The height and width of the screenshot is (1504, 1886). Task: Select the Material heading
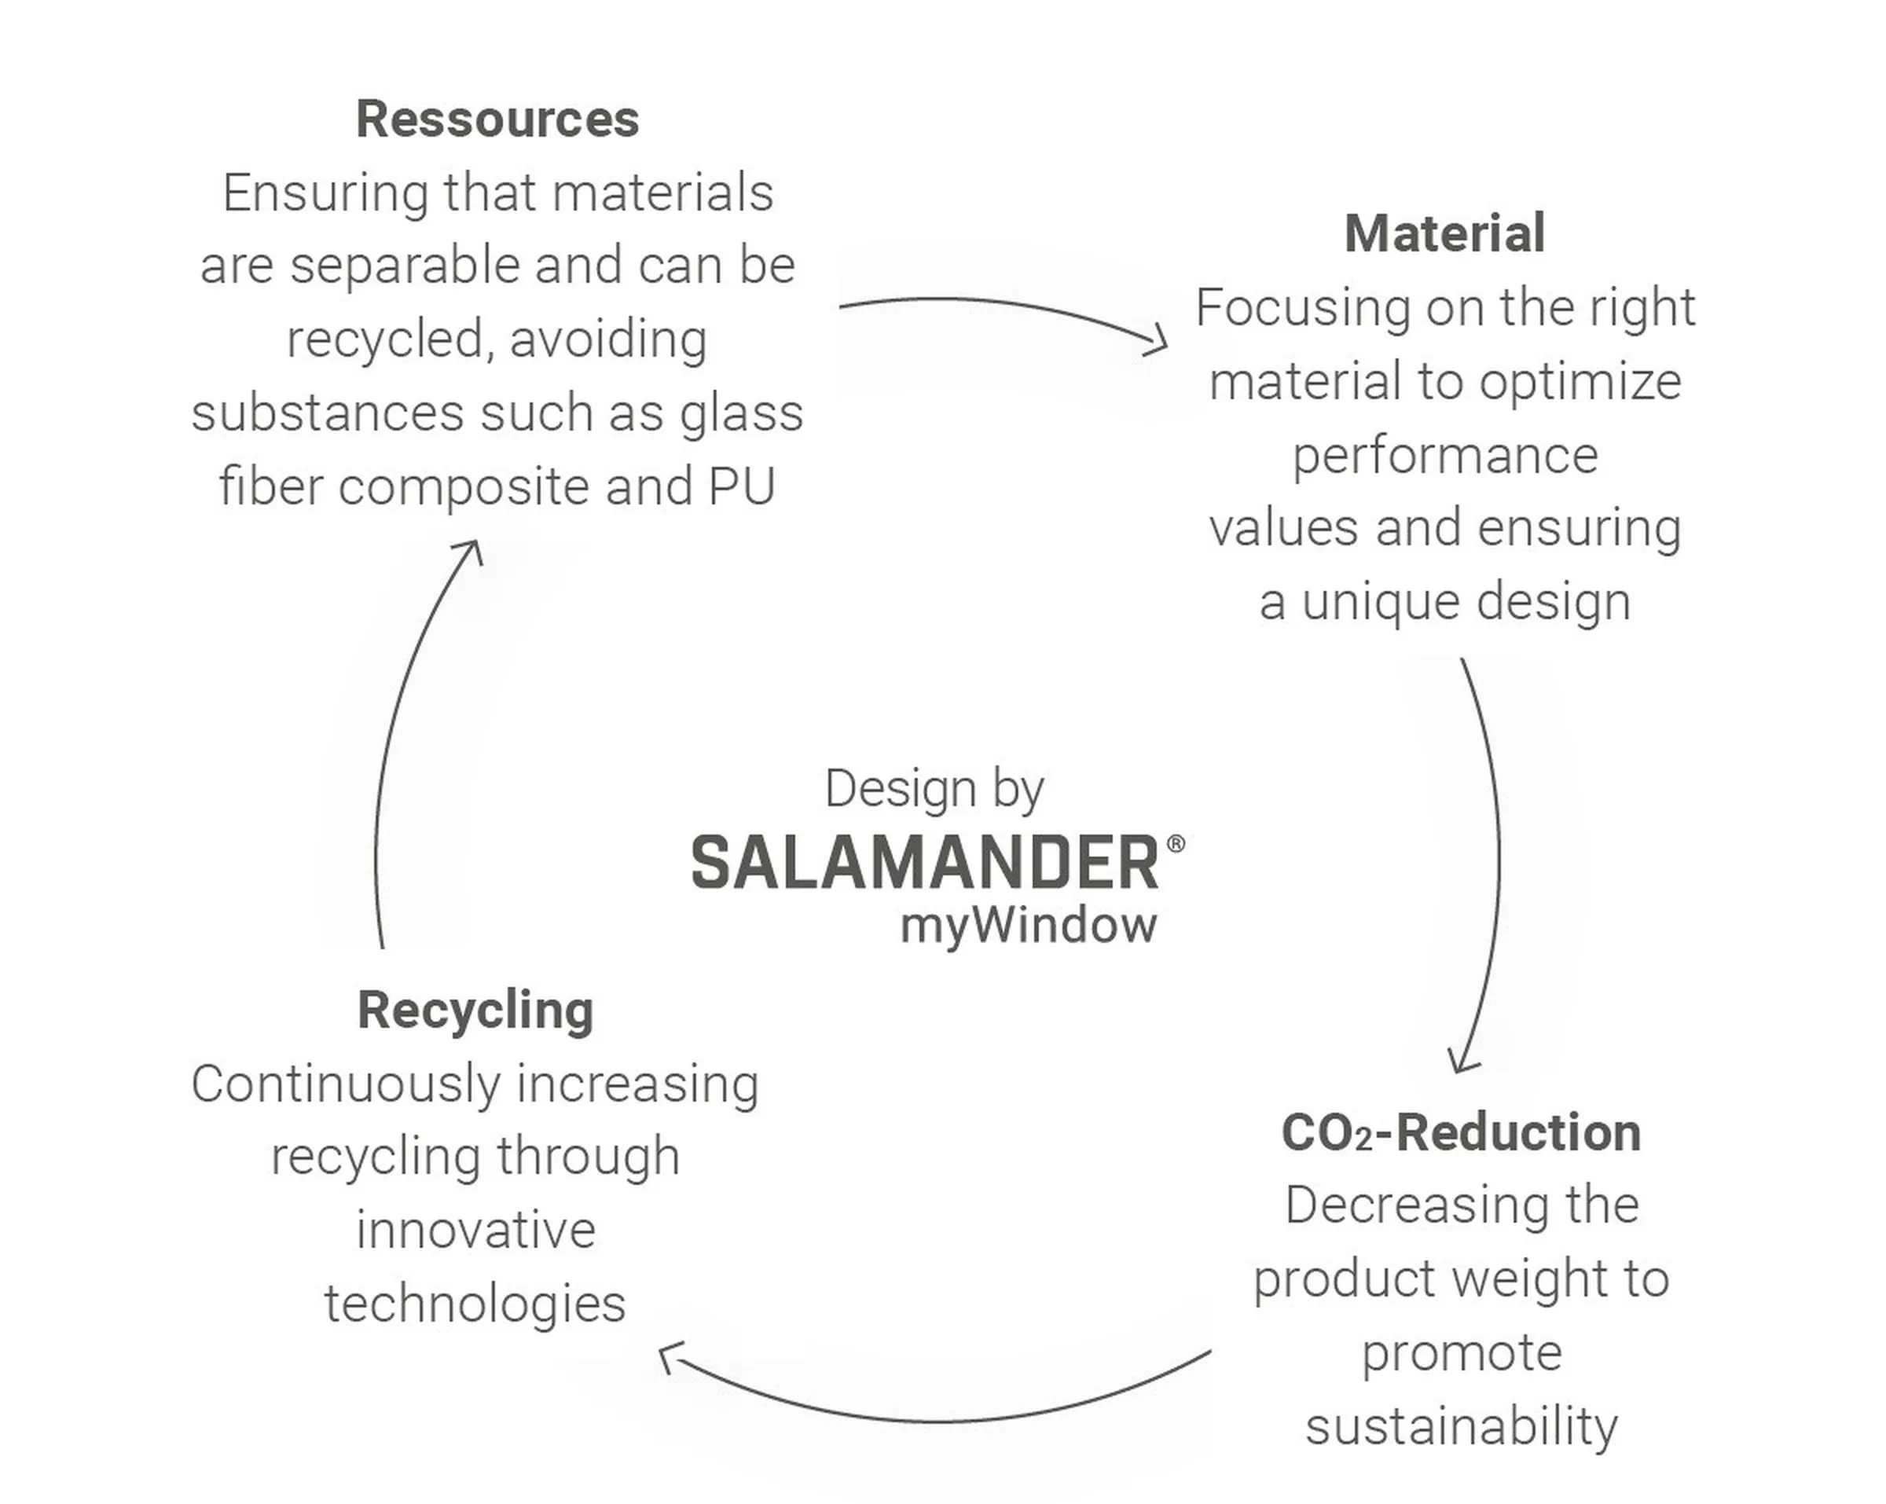(x=1444, y=233)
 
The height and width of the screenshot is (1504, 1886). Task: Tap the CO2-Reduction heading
(x=1461, y=1133)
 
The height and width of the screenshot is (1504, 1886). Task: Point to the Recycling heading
(x=475, y=1011)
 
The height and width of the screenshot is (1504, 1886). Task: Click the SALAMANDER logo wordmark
(x=926, y=863)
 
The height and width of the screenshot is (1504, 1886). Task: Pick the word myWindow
(x=1028, y=926)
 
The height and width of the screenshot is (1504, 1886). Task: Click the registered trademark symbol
(x=1176, y=842)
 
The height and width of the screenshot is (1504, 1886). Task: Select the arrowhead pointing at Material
(x=1159, y=341)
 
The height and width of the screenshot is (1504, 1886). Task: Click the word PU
(x=742, y=486)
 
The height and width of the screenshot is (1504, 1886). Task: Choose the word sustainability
(x=1461, y=1427)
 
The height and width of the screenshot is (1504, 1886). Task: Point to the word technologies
(x=475, y=1304)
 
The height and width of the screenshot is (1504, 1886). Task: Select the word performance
(x=1445, y=457)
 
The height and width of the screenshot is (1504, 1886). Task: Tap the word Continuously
(x=346, y=1085)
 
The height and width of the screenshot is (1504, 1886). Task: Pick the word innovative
(x=475, y=1230)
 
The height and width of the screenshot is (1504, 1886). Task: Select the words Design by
(x=934, y=789)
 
